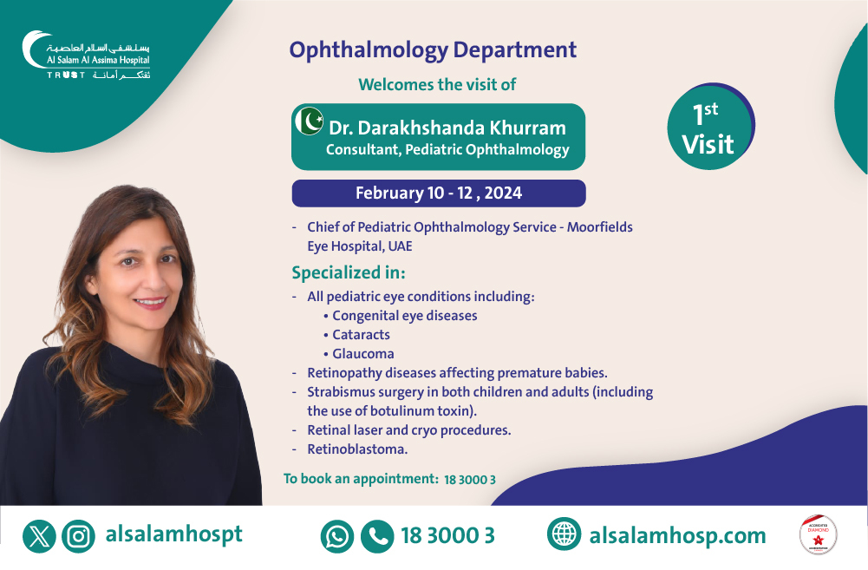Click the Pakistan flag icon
[x=309, y=121]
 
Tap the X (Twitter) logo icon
[x=39, y=536]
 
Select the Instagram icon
[x=79, y=536]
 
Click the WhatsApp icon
[x=336, y=536]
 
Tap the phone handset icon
[x=377, y=536]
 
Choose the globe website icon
[x=564, y=534]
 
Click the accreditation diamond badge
[x=818, y=535]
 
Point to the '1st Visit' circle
[x=709, y=128]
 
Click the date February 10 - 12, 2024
[x=439, y=193]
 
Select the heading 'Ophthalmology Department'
[x=433, y=49]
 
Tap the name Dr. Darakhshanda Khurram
[x=447, y=128]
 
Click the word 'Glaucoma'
[x=362, y=354]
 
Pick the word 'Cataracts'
[x=361, y=335]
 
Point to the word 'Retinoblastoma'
[x=357, y=449]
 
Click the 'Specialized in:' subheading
[x=348, y=272]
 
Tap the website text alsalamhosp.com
[x=677, y=536]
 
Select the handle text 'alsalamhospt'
[x=173, y=534]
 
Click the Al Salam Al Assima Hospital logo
[x=86, y=56]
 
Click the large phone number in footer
[x=447, y=536]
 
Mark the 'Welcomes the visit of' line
[x=438, y=84]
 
